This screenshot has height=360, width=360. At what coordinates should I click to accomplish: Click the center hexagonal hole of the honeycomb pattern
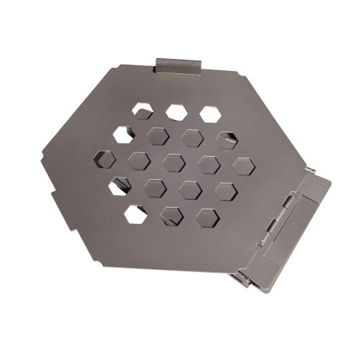(x=174, y=162)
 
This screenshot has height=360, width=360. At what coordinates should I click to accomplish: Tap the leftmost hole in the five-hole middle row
(x=104, y=158)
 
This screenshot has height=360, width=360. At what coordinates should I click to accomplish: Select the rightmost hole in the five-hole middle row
(x=243, y=166)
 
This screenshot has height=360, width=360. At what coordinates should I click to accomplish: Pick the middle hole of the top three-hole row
(x=176, y=112)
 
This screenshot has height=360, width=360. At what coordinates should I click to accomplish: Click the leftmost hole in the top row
(x=143, y=111)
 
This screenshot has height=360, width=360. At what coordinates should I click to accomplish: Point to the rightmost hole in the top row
(x=210, y=115)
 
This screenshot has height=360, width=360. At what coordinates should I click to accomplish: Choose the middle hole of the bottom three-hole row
(x=171, y=215)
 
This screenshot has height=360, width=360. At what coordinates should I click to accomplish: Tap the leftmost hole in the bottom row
(x=136, y=213)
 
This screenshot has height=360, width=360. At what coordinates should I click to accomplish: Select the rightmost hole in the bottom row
(x=207, y=217)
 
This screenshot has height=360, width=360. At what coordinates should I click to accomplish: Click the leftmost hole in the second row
(x=123, y=134)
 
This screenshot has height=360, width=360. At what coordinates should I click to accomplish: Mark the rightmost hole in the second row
(x=226, y=140)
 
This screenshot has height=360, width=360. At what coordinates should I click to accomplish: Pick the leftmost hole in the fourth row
(x=120, y=186)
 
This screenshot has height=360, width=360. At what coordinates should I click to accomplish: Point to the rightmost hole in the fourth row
(x=225, y=191)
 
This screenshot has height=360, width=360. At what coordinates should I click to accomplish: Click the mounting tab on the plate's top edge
(x=178, y=65)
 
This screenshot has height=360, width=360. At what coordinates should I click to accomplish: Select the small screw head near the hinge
(x=260, y=245)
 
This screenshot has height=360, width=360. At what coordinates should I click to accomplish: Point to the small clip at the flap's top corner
(x=311, y=170)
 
